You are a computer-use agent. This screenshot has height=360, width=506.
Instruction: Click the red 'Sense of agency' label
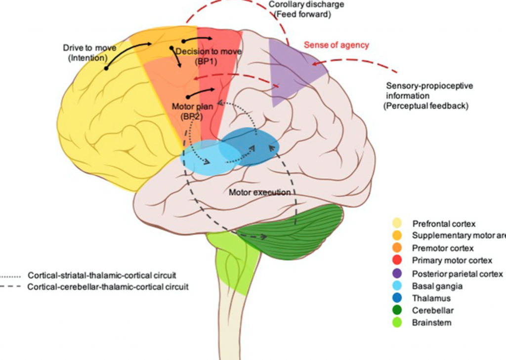336,45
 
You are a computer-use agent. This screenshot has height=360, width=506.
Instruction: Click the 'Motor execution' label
259,192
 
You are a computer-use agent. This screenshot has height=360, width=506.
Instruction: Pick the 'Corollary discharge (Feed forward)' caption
299,9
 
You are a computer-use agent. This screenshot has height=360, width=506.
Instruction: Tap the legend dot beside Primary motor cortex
398,260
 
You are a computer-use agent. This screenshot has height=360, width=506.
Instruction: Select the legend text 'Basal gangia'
437,286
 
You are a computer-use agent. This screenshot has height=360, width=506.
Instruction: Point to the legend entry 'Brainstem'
431,323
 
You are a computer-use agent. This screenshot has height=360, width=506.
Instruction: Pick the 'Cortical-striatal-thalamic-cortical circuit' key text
102,276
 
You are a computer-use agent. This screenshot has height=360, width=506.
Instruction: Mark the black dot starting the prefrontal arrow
106,68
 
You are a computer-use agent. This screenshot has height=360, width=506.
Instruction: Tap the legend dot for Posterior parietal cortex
398,274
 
